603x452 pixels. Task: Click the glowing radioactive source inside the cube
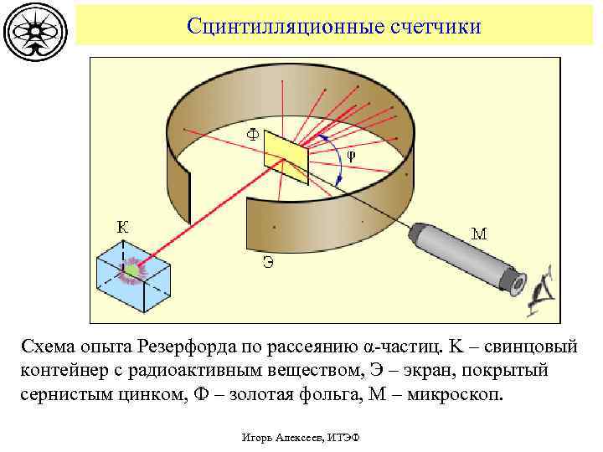click(131, 270)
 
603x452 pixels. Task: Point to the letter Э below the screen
click(267, 262)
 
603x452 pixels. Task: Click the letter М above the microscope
click(479, 234)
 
